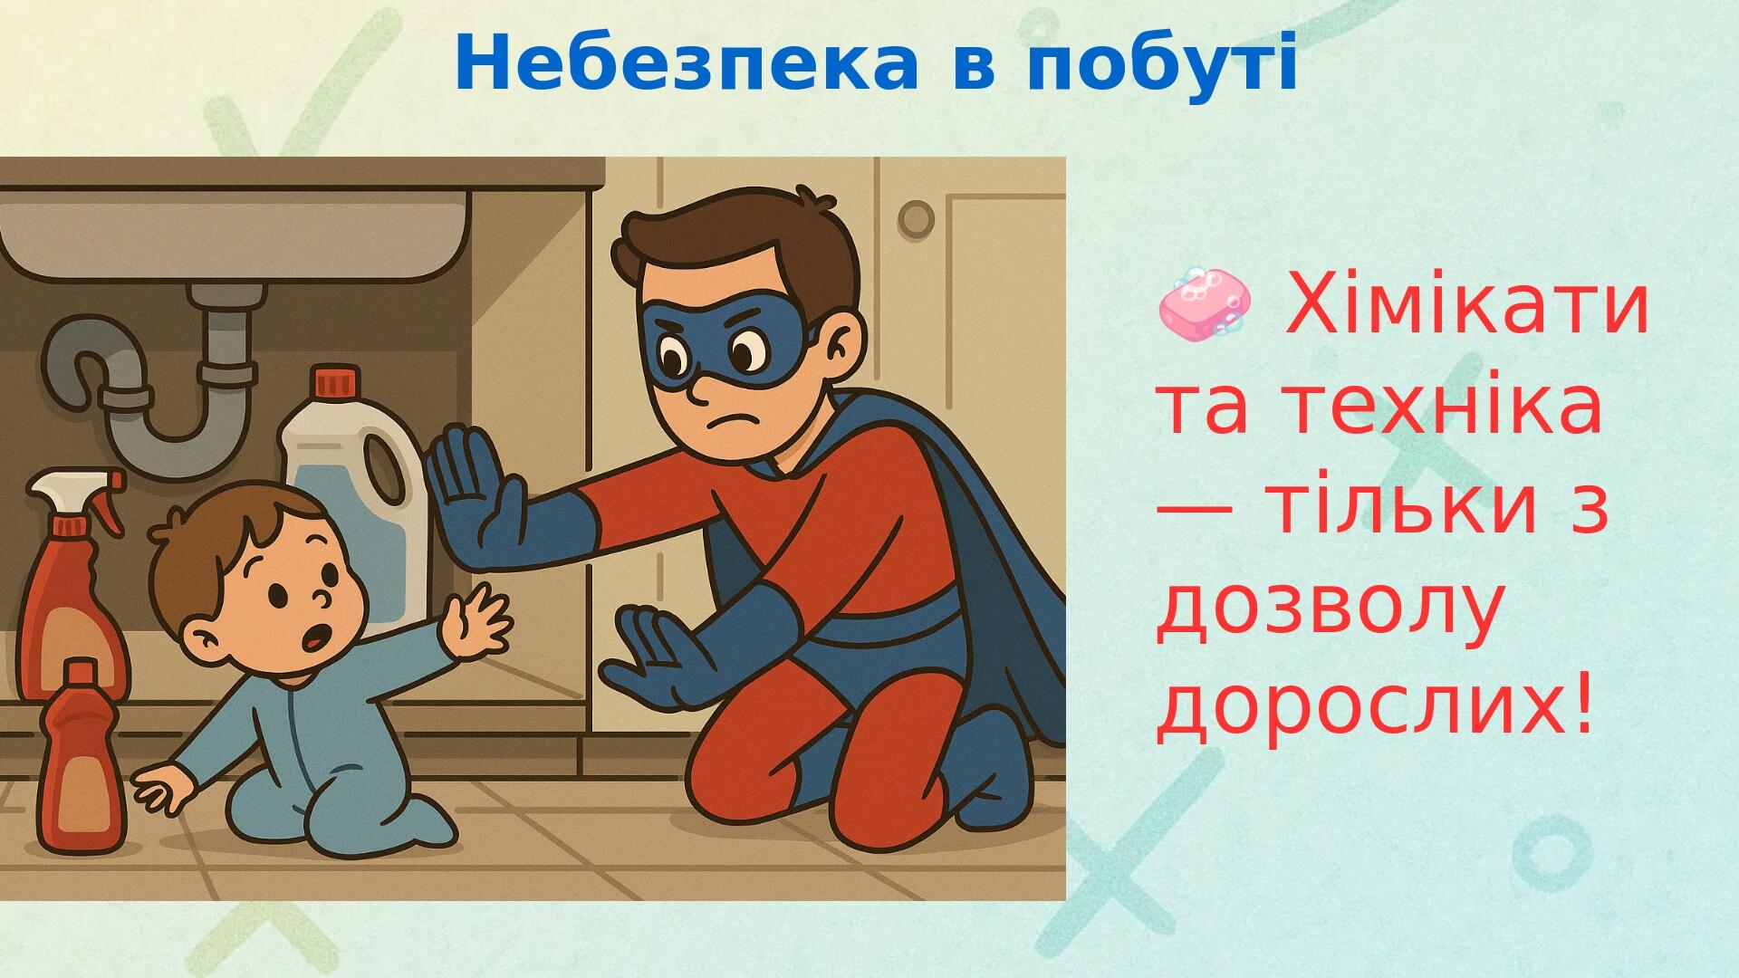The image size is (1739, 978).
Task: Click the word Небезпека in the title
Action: tap(687, 62)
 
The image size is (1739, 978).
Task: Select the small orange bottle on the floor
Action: tap(81, 760)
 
